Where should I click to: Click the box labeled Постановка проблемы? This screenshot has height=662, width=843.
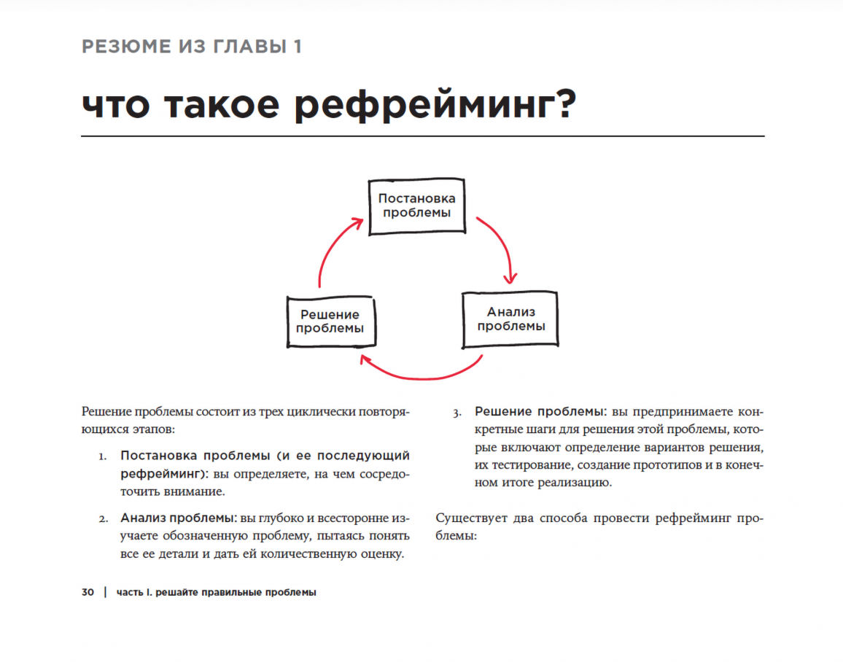(x=416, y=206)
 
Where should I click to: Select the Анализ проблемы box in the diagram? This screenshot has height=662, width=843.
(x=510, y=319)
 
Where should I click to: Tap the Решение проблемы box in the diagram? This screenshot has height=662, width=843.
(x=330, y=322)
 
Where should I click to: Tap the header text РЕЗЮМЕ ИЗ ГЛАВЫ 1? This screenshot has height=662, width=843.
(x=192, y=47)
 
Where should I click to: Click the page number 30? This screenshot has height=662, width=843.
(x=88, y=593)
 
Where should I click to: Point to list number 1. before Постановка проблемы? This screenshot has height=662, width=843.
(x=103, y=456)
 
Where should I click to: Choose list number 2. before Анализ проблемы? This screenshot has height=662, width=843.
(x=104, y=520)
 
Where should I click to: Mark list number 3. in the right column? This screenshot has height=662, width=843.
(x=457, y=413)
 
